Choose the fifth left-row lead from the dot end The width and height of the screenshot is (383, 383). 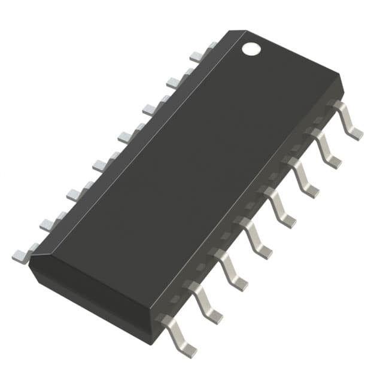104,162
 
